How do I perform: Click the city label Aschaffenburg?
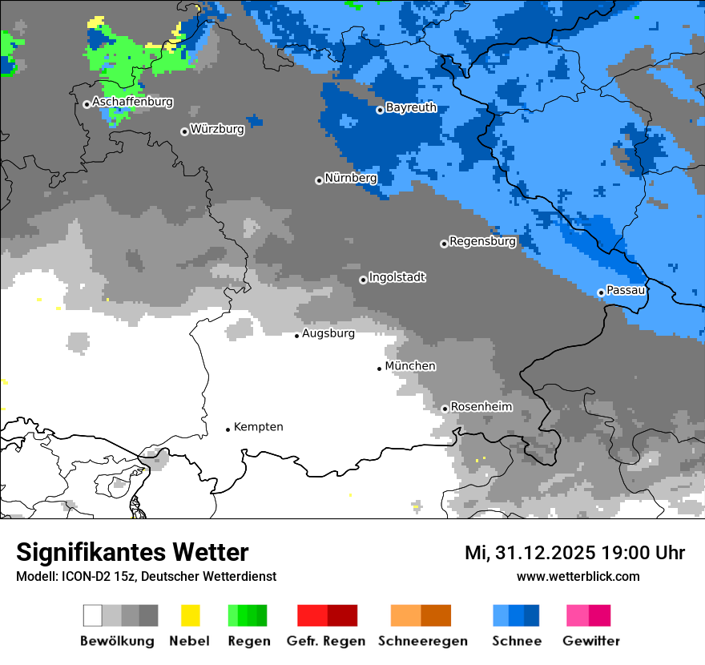(x=132, y=103)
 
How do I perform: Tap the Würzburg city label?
(x=217, y=129)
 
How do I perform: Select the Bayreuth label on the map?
(x=411, y=107)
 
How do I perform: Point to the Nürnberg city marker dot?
(x=319, y=180)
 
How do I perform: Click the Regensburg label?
(x=482, y=241)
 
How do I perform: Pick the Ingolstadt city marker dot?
(x=363, y=280)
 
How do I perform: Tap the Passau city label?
(x=625, y=290)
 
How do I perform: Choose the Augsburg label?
(x=328, y=333)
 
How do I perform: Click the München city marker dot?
(x=380, y=369)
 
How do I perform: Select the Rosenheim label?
(x=481, y=407)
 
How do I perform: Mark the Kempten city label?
(x=258, y=427)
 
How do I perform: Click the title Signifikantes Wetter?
(x=132, y=552)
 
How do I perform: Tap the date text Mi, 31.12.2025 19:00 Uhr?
(x=574, y=553)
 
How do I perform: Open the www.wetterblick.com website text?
(x=578, y=576)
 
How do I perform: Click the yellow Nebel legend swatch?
(x=190, y=615)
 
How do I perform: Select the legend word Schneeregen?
(x=423, y=641)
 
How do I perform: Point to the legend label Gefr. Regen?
(x=326, y=641)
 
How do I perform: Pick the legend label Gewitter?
(x=591, y=641)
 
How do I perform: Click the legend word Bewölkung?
(x=117, y=641)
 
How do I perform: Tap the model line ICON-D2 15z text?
(x=146, y=576)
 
